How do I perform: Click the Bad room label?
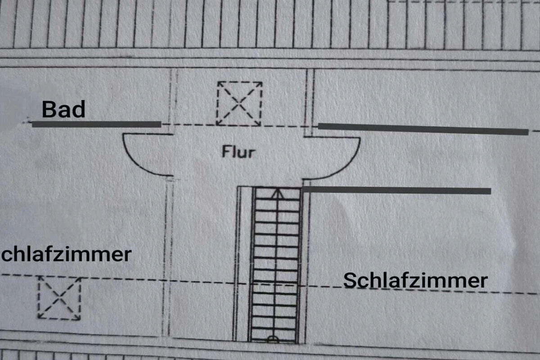click(x=63, y=109)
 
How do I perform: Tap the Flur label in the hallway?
click(x=238, y=152)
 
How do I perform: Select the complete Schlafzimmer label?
click(x=415, y=280)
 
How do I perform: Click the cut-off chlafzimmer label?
click(x=66, y=254)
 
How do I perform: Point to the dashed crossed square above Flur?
click(x=239, y=103)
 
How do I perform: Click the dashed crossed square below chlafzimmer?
click(x=59, y=298)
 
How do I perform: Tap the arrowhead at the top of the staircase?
click(x=278, y=194)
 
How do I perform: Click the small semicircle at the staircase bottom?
click(x=273, y=339)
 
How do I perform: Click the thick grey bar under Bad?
click(x=96, y=124)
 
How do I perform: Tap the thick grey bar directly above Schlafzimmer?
click(x=396, y=190)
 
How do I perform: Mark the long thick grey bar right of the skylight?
click(x=423, y=129)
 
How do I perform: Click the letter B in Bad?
click(x=49, y=109)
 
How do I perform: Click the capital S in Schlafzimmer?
click(x=350, y=280)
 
